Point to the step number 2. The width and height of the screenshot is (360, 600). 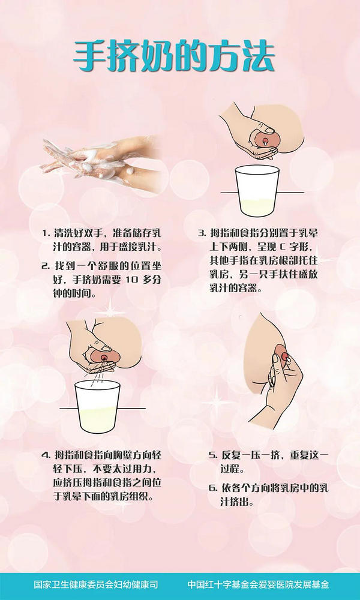(45, 265)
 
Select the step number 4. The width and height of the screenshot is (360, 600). (45, 454)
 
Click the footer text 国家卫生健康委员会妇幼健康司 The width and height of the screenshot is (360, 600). (96, 584)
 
